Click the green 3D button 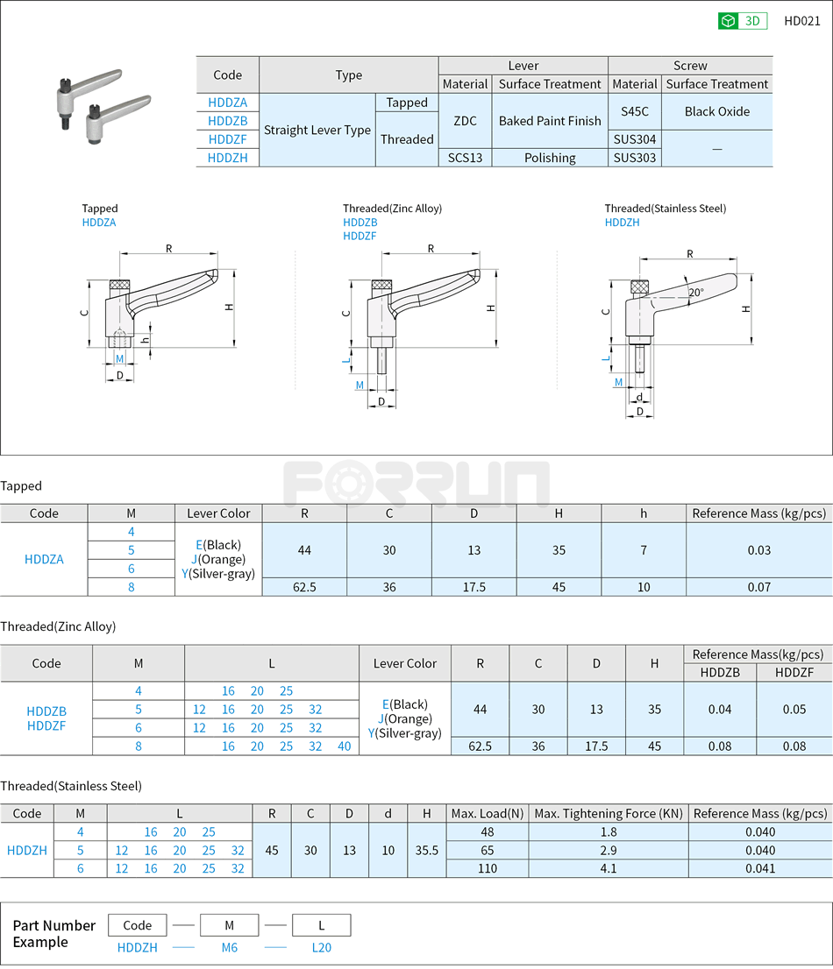pyautogui.click(x=743, y=21)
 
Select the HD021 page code pyautogui.click(x=801, y=21)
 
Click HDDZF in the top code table pyautogui.click(x=227, y=139)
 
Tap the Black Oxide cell pyautogui.click(x=716, y=111)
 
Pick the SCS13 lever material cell pyautogui.click(x=465, y=158)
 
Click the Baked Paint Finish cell pyautogui.click(x=550, y=121)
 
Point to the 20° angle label pyautogui.click(x=695, y=293)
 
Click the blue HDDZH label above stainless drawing pyautogui.click(x=622, y=223)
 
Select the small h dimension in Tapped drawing pyautogui.click(x=145, y=340)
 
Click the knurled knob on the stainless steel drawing pyautogui.click(x=640, y=286)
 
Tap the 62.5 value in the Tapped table pyautogui.click(x=304, y=587)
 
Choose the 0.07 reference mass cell pyautogui.click(x=758, y=587)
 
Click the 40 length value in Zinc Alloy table pyautogui.click(x=344, y=746)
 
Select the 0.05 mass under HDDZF pyautogui.click(x=794, y=709)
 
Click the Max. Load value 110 pyautogui.click(x=488, y=868)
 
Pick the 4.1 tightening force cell pyautogui.click(x=609, y=868)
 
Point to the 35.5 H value pyautogui.click(x=426, y=850)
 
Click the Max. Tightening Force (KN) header pyautogui.click(x=609, y=813)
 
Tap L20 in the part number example pyautogui.click(x=321, y=947)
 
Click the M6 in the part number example pyautogui.click(x=229, y=947)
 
